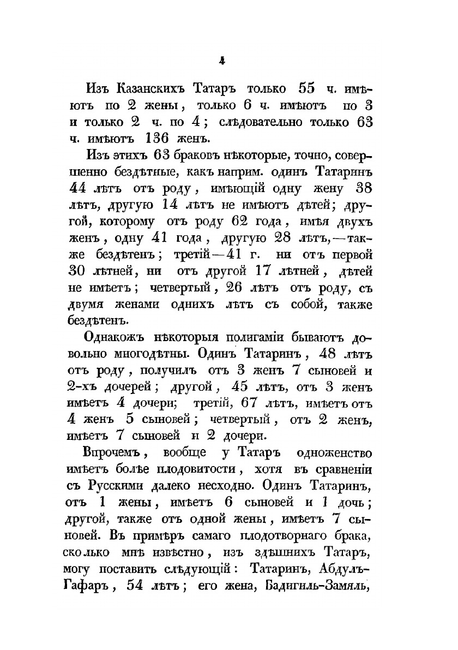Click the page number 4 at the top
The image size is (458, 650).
(x=222, y=62)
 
